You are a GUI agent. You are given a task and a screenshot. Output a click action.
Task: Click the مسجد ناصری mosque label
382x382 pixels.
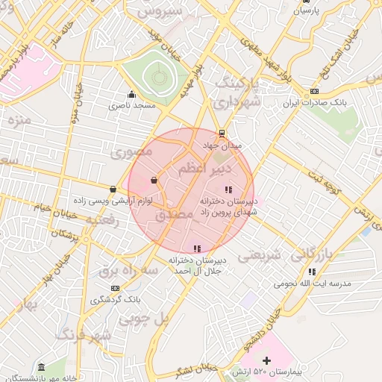pos(132,106)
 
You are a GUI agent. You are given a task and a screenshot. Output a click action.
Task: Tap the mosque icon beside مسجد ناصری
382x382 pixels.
pos(132,94)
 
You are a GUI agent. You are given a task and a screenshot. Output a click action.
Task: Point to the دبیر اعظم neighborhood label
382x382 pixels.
pos(201,170)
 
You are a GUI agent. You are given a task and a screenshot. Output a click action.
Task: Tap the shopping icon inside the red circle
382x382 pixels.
pos(154,180)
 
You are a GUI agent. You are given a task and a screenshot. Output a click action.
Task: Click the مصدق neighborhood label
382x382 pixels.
pos(174,215)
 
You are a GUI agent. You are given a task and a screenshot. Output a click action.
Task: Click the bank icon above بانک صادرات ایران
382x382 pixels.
pos(313,92)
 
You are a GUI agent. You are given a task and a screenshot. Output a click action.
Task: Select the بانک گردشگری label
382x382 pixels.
pos(115,300)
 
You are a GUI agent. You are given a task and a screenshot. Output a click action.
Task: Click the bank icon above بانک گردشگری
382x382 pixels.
pos(115,288)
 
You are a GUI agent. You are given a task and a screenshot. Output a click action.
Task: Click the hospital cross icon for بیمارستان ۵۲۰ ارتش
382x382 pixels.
pos(266,361)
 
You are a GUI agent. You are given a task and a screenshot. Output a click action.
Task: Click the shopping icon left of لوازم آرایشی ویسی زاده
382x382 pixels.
pos(112,190)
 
